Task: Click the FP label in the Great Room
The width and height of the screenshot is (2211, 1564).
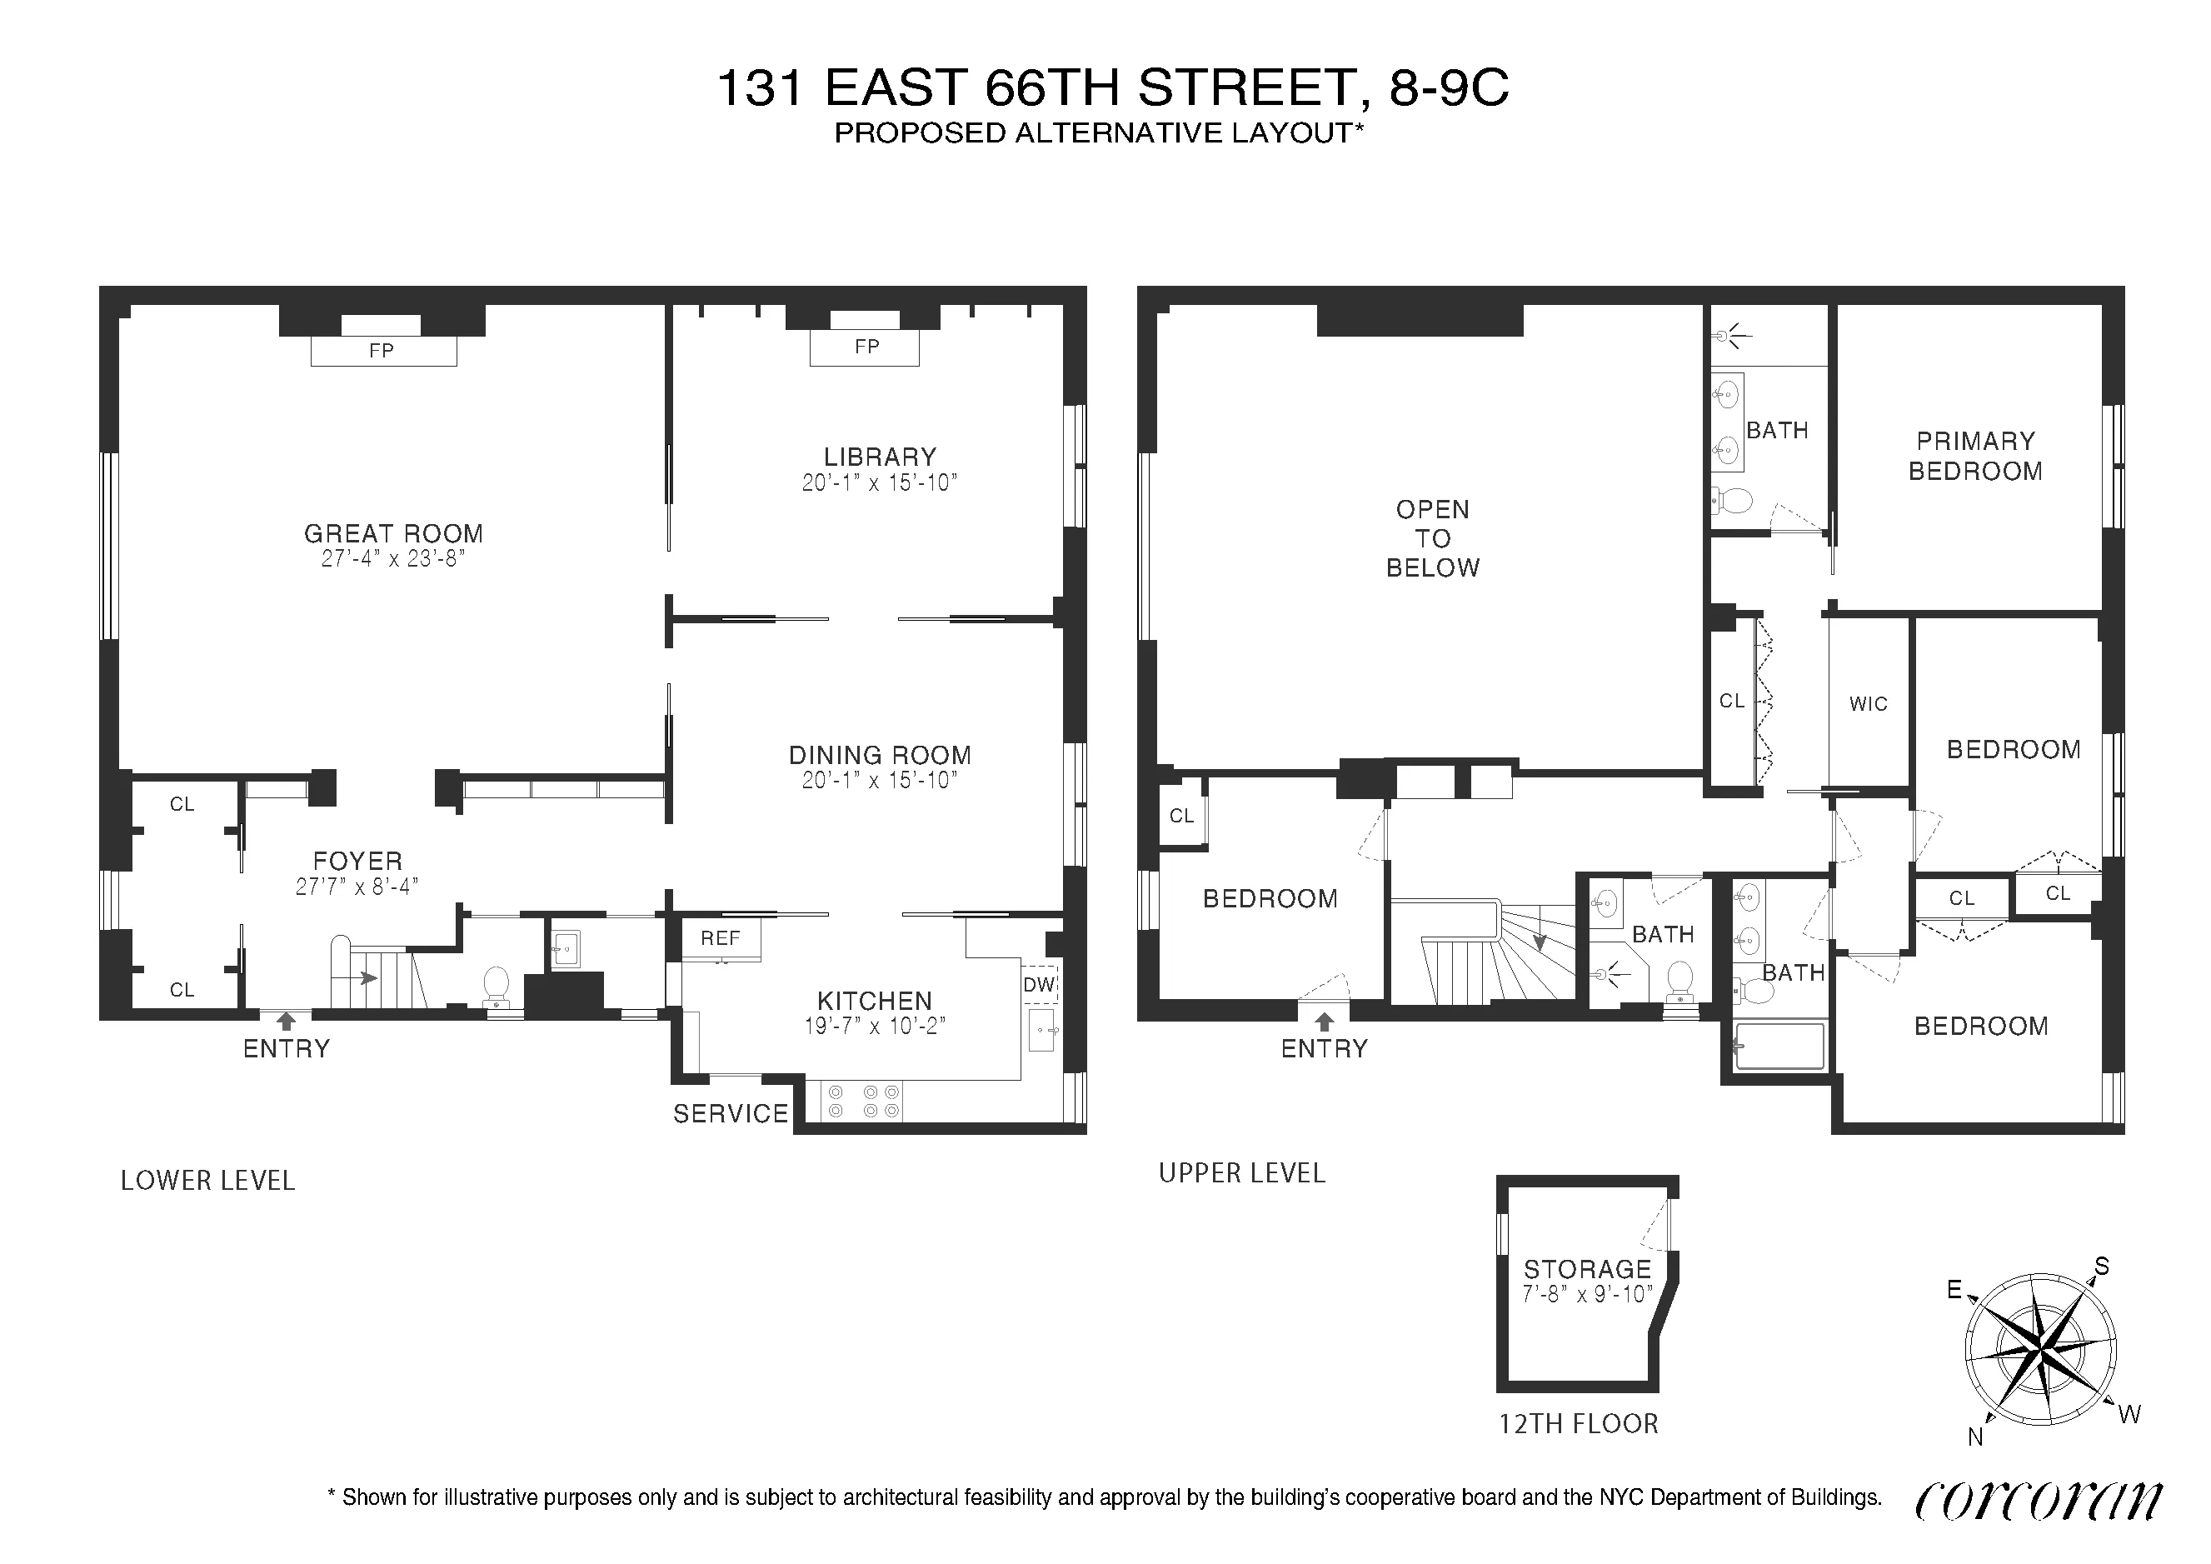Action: pos(382,351)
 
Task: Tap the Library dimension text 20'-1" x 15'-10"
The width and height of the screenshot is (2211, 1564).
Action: pos(879,483)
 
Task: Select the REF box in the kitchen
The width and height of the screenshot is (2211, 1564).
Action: pos(721,938)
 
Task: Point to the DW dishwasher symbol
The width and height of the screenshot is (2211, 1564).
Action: pos(1039,984)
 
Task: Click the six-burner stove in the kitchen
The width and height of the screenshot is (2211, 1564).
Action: pos(863,1102)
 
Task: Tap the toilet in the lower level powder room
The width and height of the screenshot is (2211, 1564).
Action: pos(496,983)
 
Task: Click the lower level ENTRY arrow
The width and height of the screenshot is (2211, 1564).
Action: pos(286,1022)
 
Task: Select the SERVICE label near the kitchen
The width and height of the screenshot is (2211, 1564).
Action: pos(730,1114)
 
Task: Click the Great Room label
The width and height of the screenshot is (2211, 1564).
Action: pos(393,533)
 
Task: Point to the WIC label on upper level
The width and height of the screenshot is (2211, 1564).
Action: pos(1868,704)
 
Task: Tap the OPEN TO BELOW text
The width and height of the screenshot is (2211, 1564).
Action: pos(1432,538)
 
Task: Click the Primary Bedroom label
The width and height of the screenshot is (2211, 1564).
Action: pos(1975,456)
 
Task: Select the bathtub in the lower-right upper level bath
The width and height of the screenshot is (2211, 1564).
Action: pos(1779,1047)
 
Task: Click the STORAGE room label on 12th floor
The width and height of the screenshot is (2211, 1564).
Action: pos(1587,1269)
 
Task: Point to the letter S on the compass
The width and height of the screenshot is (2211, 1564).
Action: pos(2102,1267)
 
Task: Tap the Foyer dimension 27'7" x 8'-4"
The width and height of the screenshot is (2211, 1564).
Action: pos(357,887)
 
